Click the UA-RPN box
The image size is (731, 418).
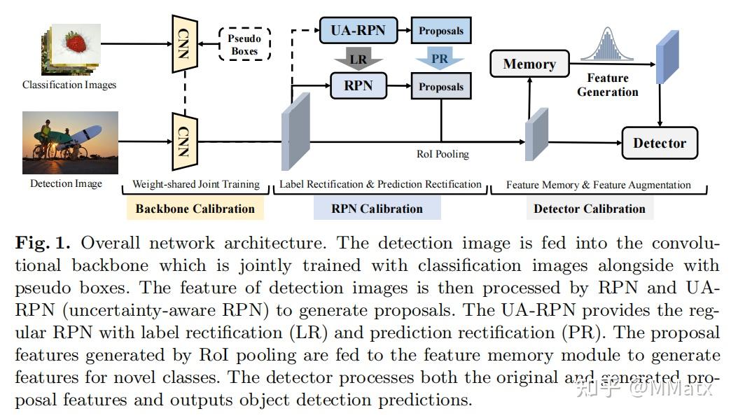tap(358, 30)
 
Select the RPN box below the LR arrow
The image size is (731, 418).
tap(358, 86)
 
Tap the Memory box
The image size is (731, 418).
tap(529, 64)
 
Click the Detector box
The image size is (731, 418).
tap(659, 143)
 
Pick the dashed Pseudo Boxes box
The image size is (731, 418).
tap(244, 44)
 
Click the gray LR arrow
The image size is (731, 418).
tap(358, 60)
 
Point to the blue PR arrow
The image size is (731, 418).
tap(440, 59)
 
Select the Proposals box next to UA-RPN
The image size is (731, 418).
tap(441, 31)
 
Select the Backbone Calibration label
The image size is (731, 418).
tap(195, 209)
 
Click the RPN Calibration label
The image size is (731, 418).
tap(377, 209)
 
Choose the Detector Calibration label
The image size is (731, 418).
tap(590, 209)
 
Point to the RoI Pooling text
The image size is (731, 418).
tap(443, 154)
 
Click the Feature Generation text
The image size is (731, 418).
tap(607, 85)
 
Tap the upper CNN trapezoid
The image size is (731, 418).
tap(185, 43)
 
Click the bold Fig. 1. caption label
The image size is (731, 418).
tap(43, 243)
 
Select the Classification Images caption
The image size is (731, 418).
tap(69, 85)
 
